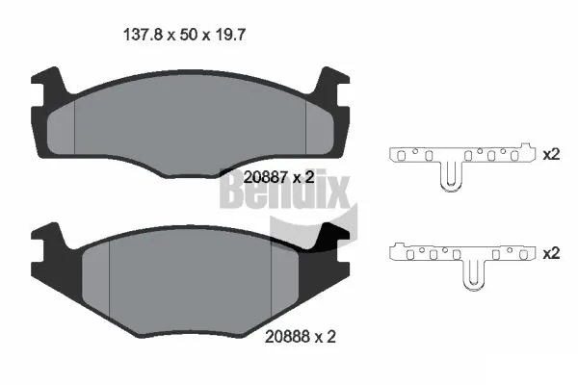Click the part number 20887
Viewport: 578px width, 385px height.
(265, 177)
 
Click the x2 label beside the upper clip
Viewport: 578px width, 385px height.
(552, 154)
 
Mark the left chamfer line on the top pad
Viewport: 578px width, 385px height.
(74, 120)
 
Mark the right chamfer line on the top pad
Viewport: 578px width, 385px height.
(305, 120)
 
